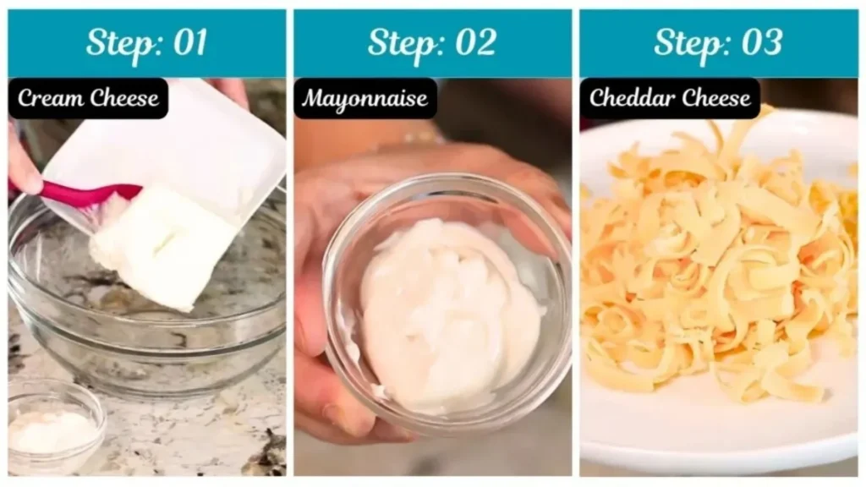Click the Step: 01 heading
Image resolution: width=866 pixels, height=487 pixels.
(146, 43)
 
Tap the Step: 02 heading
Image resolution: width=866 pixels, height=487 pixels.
(432, 43)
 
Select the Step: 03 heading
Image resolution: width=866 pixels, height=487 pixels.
(718, 43)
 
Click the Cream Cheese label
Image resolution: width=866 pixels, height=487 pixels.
(88, 98)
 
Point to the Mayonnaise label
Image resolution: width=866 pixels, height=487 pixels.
(365, 98)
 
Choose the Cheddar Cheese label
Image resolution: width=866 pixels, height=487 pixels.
(670, 98)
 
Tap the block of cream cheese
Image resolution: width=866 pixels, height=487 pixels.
(161, 245)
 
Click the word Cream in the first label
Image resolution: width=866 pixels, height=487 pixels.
(50, 98)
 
